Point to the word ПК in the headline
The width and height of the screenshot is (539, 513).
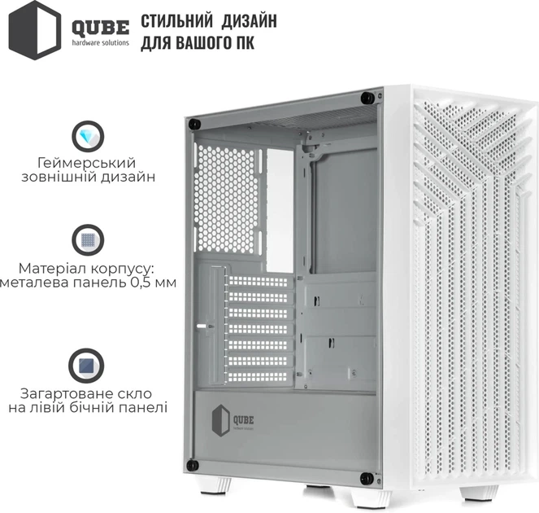pos(243,42)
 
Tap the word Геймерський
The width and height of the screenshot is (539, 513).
pos(85,161)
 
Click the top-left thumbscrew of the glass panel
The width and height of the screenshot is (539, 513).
pos(194,123)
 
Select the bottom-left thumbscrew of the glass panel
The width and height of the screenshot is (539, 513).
pos(193,465)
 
